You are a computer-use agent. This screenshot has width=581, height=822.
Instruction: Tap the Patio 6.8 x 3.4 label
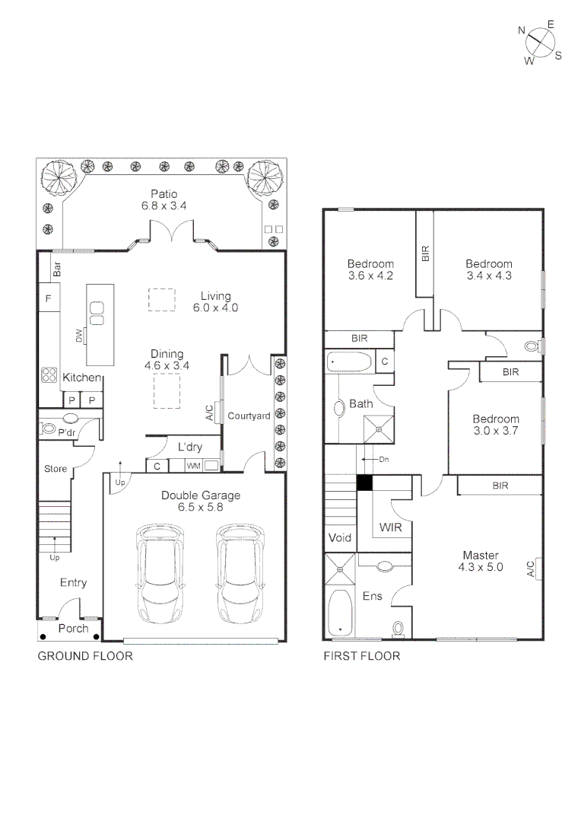164,200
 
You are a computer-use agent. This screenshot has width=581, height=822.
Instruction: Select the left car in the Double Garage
160,573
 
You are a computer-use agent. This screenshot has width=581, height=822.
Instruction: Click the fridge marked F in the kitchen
48,299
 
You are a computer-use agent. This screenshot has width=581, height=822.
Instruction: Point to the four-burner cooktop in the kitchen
49,374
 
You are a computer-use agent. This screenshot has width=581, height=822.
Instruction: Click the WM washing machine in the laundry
194,465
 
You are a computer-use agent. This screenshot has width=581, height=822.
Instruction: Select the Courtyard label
249,416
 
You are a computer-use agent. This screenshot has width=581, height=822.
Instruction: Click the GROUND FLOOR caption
85,656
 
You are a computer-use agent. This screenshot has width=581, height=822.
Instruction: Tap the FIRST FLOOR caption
362,656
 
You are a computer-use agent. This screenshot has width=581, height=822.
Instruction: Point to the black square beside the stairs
364,482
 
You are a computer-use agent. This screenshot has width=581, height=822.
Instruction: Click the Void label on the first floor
340,537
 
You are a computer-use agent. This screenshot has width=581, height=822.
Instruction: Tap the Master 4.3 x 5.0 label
480,561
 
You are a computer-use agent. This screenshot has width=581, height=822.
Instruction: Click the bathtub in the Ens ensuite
339,613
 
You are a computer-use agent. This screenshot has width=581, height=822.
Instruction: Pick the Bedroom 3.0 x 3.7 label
496,425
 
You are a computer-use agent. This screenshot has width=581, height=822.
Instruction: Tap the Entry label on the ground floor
73,583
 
